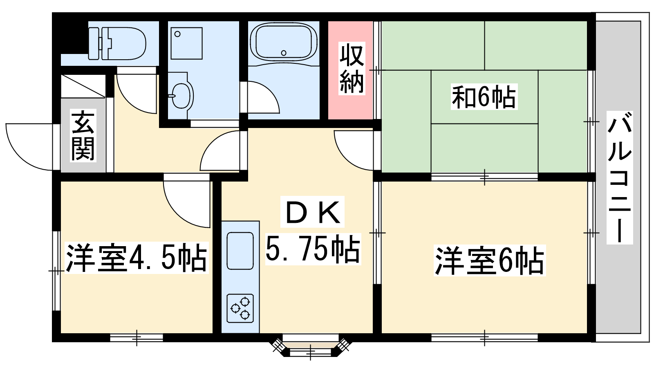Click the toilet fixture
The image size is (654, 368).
(117, 43)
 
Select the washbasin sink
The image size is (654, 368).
(181, 95)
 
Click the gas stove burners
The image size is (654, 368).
(240, 308)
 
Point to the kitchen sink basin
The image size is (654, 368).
(240, 251)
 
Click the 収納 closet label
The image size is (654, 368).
(352, 68)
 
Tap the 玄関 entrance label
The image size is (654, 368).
(83, 135)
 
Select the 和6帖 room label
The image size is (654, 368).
(484, 96)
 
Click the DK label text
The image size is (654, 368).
(312, 212)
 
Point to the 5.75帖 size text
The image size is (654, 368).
(313, 249)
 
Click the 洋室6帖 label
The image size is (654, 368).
(490, 260)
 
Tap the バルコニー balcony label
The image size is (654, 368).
(619, 177)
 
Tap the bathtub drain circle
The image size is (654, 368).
(284, 53)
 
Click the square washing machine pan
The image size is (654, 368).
(186, 43)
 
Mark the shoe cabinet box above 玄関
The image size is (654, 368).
(83, 86)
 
